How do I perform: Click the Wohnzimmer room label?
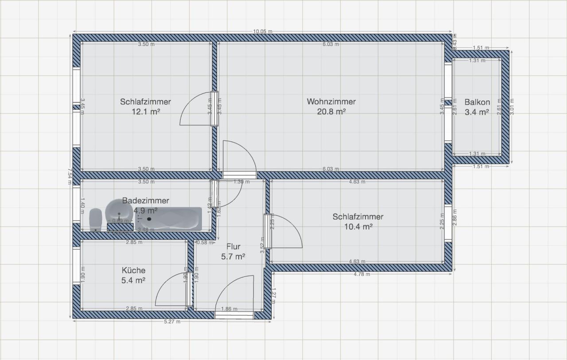[x=331, y=101]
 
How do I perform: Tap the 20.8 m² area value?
[x=331, y=112]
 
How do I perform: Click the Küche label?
[x=133, y=270]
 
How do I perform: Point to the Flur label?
[x=233, y=246]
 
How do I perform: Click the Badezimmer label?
[x=145, y=201]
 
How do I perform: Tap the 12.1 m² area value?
[x=145, y=112]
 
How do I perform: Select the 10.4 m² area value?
[x=358, y=227]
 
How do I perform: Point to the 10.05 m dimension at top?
[x=262, y=31]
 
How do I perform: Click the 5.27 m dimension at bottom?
[x=172, y=322]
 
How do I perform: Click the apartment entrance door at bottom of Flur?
[x=234, y=314]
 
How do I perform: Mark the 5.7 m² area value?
[x=233, y=256]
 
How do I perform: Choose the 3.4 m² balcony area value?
[x=477, y=112]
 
